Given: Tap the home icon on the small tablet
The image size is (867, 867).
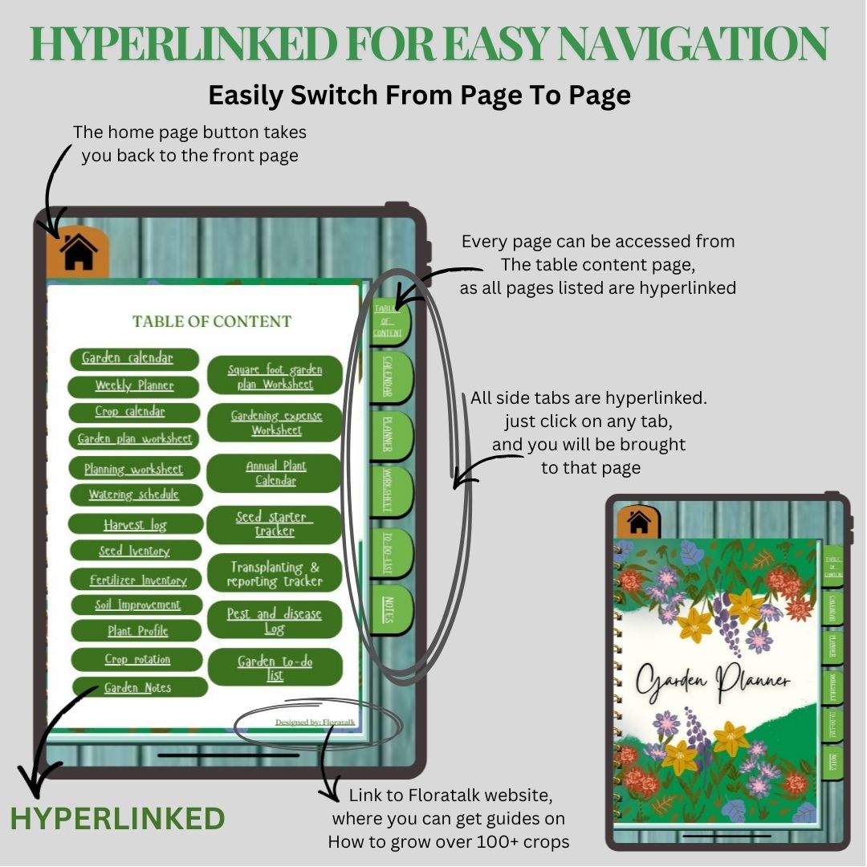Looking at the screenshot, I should (x=639, y=523).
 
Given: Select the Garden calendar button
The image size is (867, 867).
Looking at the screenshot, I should (x=134, y=358).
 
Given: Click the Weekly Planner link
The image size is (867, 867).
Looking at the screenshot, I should (x=134, y=385).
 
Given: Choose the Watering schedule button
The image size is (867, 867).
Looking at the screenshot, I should (x=134, y=495).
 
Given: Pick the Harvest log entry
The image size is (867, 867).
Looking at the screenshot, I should (x=135, y=524).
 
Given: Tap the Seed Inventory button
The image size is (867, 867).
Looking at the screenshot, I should (x=134, y=551).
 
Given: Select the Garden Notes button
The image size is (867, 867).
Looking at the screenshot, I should (x=138, y=687).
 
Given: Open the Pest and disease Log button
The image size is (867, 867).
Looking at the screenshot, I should (x=275, y=621).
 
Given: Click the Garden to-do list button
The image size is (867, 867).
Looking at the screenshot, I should (x=275, y=668).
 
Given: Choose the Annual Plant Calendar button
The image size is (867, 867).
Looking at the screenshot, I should (x=275, y=473).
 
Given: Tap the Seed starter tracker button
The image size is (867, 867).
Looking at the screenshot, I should (x=275, y=524).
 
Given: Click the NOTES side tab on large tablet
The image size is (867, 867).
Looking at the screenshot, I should (x=390, y=609).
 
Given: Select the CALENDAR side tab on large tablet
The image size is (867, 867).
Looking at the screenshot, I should (x=390, y=377).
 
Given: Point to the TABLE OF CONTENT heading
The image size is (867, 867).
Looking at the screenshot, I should (x=212, y=321).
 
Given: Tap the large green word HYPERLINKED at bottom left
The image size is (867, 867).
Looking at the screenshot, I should (x=117, y=818).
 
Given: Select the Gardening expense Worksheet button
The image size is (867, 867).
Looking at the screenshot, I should (x=275, y=422).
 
